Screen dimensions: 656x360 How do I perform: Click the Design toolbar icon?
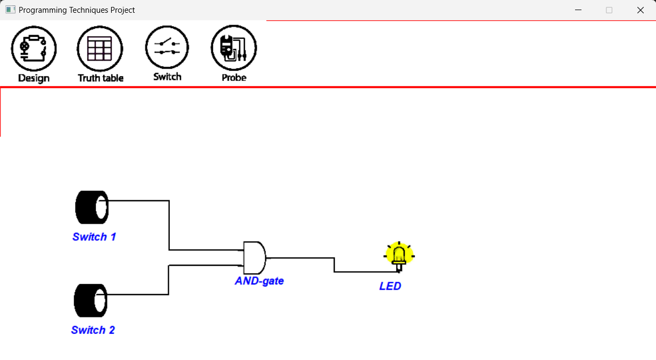tap(34, 48)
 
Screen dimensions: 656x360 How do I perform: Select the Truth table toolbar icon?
tap(100, 48)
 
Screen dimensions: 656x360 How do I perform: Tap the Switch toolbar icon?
tap(167, 47)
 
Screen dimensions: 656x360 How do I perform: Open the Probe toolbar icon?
tap(234, 48)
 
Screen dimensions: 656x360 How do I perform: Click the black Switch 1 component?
tap(92, 207)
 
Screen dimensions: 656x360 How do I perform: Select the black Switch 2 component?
tap(91, 300)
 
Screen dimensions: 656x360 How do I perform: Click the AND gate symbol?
tap(255, 258)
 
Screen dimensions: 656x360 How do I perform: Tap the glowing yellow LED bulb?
tap(399, 257)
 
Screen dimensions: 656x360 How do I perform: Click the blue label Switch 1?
tap(94, 236)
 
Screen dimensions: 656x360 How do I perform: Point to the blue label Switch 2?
tap(93, 330)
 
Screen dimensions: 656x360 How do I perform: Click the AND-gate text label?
tap(259, 281)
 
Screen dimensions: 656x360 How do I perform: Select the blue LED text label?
tap(390, 286)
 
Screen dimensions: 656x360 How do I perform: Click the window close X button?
tap(641, 10)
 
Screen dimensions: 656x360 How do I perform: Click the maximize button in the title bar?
tap(609, 10)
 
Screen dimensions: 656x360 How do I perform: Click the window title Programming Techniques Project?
tap(77, 10)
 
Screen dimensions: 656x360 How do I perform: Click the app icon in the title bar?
tap(10, 10)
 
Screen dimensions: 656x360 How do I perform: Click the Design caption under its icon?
tap(34, 78)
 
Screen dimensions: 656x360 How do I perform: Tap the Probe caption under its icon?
tap(234, 78)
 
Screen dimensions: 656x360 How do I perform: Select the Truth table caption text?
tap(101, 78)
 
